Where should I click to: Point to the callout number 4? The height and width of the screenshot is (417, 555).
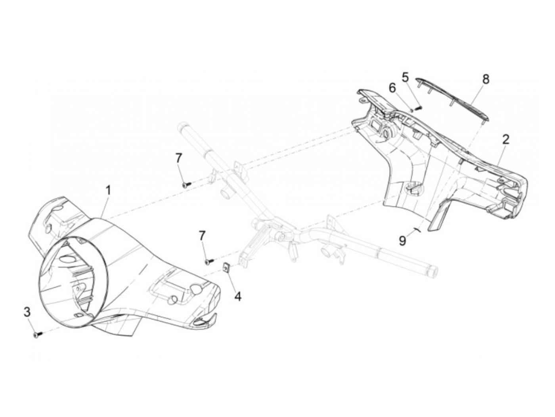238,296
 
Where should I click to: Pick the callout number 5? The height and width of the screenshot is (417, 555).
405,77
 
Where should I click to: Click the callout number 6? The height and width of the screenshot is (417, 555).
392,88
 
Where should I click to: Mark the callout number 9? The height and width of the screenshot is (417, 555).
403,240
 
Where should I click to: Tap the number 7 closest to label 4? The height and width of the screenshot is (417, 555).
202,236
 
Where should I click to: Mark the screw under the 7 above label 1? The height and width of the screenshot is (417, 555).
186,184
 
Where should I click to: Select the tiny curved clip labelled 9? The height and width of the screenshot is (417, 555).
416,230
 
